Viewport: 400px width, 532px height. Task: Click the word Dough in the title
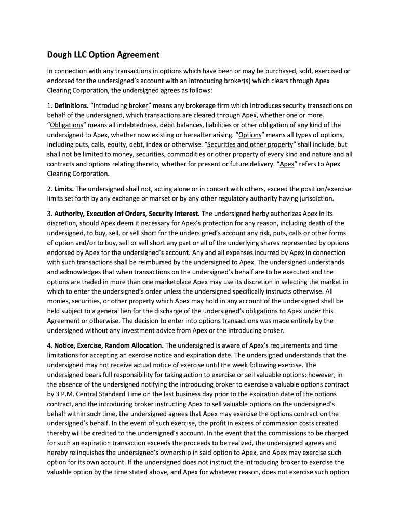(x=60, y=55)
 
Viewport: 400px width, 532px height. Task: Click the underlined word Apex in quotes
(x=287, y=164)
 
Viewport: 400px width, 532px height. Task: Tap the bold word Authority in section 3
(x=72, y=214)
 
